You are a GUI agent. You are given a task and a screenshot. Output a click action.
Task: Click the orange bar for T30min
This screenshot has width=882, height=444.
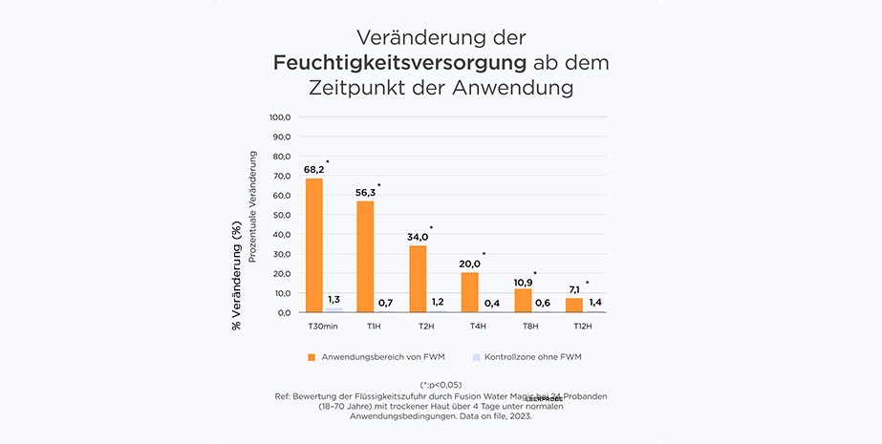(314, 245)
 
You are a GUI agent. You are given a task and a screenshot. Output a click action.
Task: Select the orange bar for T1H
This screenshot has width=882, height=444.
(365, 257)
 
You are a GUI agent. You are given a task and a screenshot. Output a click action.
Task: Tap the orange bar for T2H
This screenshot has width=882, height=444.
(418, 279)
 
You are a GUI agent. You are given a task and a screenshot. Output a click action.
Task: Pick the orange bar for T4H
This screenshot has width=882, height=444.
(469, 292)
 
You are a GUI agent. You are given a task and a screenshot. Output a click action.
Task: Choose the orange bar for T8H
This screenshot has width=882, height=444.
(523, 301)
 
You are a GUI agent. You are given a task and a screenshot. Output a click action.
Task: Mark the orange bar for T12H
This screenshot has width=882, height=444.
(573, 305)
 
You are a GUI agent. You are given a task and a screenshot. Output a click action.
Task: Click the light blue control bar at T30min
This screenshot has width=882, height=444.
(333, 309)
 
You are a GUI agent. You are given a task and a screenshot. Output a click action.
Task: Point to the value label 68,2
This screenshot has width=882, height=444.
(314, 170)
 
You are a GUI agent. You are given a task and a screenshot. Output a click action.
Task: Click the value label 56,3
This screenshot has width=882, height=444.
(366, 193)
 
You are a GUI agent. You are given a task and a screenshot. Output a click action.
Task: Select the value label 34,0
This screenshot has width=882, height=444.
(418, 237)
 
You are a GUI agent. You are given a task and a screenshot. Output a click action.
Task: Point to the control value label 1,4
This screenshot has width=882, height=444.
(593, 303)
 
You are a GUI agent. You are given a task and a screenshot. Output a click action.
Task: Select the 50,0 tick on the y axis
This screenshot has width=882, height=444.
(281, 215)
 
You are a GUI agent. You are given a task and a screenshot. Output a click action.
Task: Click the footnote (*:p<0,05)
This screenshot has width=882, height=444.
(441, 384)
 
